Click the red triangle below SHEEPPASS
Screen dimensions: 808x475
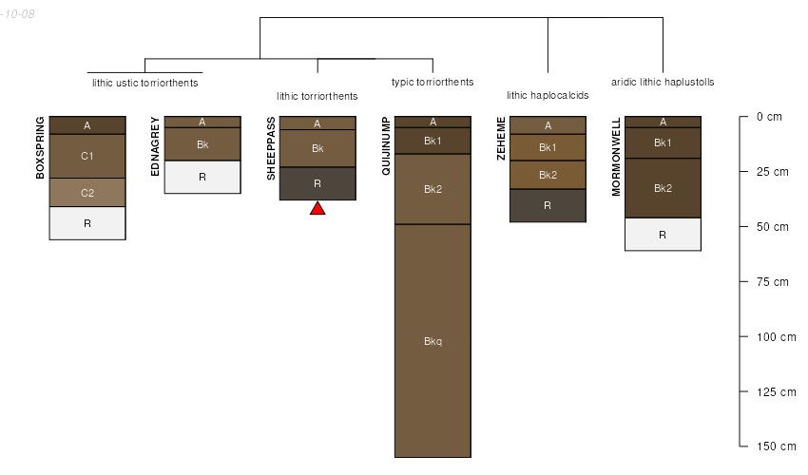tap(317, 208)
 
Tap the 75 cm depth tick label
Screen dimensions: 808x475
tap(772, 282)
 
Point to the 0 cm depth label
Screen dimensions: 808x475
tap(769, 117)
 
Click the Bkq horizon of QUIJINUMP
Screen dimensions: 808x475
tap(433, 340)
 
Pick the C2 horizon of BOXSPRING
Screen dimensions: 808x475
tap(87, 192)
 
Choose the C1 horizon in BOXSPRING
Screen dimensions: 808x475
tap(87, 156)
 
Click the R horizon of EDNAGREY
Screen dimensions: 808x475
tap(202, 177)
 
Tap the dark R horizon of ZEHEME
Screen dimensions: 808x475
tap(548, 205)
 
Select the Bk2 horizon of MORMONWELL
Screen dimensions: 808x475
tap(664, 188)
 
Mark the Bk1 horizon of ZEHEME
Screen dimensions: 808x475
tap(548, 147)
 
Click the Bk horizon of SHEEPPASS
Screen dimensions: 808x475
tap(317, 148)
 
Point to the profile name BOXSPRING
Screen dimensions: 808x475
tap(40, 148)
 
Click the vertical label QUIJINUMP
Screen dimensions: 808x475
tap(386, 145)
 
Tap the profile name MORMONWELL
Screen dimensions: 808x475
tap(616, 157)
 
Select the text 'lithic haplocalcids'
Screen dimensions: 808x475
tap(548, 95)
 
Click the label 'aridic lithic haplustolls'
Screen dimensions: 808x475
tap(663, 82)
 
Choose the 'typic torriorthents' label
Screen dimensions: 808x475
tap(433, 82)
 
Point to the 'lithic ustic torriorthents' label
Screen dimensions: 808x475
tap(144, 83)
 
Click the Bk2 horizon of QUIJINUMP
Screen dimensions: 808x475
tap(433, 189)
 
